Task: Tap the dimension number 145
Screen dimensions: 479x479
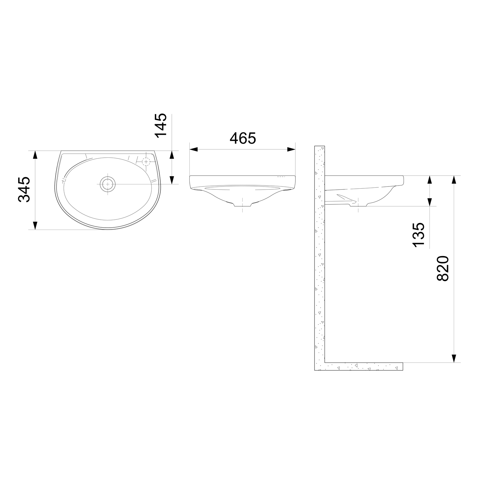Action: point(161,125)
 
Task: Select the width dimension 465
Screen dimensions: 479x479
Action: point(243,138)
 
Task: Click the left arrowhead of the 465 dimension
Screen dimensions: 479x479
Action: point(194,149)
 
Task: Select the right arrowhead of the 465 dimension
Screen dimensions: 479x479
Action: point(291,149)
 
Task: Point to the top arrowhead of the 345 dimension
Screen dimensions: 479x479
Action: point(35,155)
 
